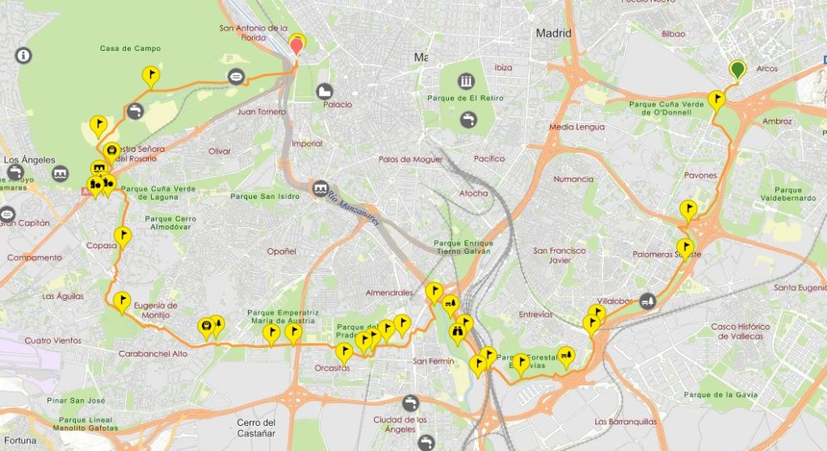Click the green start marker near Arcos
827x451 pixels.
[737, 70]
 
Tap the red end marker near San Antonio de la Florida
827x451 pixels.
[296, 46]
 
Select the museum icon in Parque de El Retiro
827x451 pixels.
[466, 81]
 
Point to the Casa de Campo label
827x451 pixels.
[130, 48]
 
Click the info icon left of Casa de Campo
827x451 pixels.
[23, 56]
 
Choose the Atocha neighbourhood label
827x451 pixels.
[473, 193]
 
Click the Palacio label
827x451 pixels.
[337, 104]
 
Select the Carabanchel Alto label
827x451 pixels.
[153, 353]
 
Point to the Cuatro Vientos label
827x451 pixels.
[52, 340]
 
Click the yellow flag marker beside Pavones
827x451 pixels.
[688, 209]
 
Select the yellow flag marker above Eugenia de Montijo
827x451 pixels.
[122, 301]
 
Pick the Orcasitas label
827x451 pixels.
[332, 368]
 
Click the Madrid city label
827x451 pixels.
[553, 33]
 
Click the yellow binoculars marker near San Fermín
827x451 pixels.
[458, 331]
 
